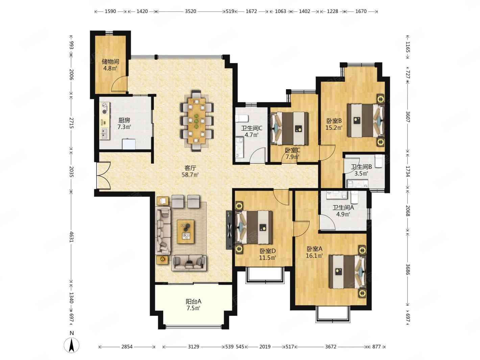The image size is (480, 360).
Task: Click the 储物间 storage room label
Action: (x=110, y=62)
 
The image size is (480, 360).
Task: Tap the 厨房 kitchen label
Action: (x=124, y=120)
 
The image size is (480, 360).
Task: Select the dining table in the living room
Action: (x=197, y=121)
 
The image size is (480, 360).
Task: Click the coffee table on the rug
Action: (x=186, y=232)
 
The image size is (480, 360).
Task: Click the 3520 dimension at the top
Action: (x=190, y=11)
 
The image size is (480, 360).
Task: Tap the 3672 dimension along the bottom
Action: (x=331, y=347)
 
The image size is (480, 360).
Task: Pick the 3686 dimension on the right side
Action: (x=408, y=269)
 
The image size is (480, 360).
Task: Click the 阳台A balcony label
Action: (x=193, y=302)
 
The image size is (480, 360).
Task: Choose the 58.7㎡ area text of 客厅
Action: (x=190, y=175)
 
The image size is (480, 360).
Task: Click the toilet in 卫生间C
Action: (x=242, y=119)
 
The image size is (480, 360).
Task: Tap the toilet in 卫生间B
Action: (x=379, y=161)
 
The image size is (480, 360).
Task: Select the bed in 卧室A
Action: (x=347, y=272)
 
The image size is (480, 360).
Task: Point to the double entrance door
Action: (x=103, y=175)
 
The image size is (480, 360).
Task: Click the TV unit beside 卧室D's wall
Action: (x=229, y=230)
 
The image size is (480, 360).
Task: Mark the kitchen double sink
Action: (x=104, y=134)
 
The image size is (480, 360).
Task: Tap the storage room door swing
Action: (x=119, y=84)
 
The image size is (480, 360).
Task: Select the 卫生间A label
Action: (x=343, y=208)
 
